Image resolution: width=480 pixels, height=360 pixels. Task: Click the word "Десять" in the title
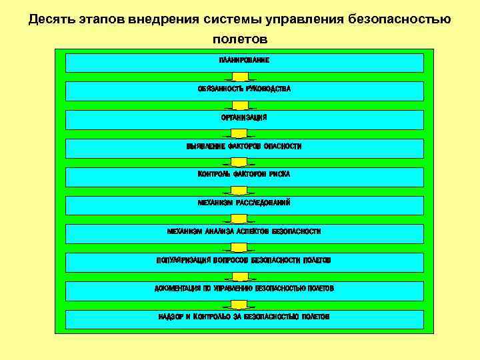pyautogui.click(x=52, y=19)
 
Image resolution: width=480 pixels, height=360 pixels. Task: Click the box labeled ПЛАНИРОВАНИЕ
pyautogui.click(x=244, y=62)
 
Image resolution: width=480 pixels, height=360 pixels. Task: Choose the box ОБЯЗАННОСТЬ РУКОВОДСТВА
pyautogui.click(x=244, y=91)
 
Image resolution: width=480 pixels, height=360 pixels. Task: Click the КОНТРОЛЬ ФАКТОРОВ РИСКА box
pyautogui.click(x=244, y=176)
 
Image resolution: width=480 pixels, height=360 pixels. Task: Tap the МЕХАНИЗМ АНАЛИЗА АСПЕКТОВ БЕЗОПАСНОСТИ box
pyautogui.click(x=244, y=233)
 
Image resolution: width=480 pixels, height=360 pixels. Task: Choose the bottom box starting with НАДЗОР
pyautogui.click(x=244, y=319)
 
